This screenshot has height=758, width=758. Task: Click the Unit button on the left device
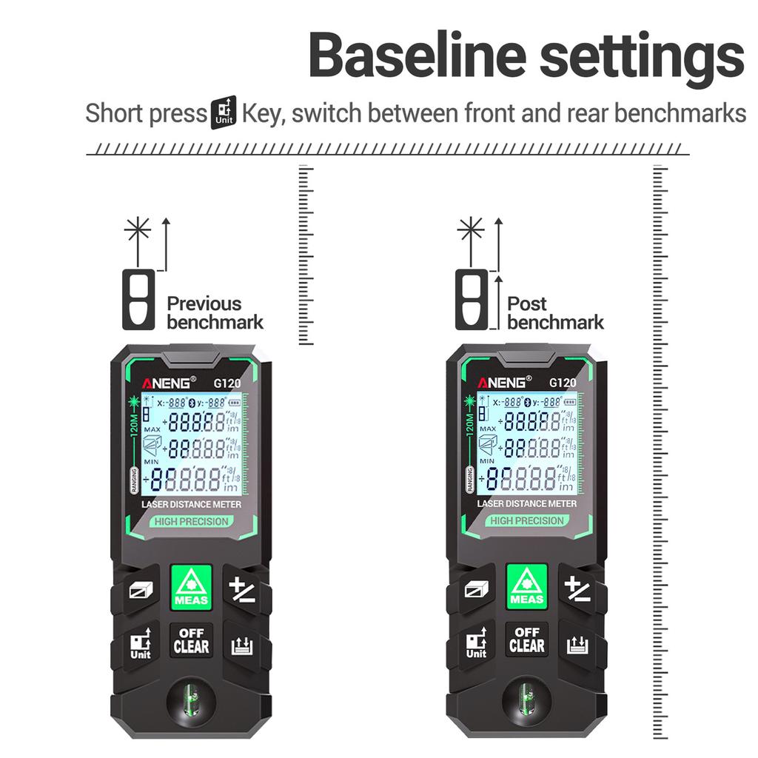(140, 643)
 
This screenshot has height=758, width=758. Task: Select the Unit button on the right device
(476, 643)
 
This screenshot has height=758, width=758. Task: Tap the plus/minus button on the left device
(242, 590)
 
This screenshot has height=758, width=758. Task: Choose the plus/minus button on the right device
(578, 589)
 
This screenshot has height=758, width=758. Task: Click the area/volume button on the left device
(140, 590)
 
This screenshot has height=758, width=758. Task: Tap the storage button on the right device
(577, 645)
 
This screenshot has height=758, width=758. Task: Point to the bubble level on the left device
(191, 700)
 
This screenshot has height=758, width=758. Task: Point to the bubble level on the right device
(526, 700)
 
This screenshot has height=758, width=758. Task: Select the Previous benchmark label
(215, 312)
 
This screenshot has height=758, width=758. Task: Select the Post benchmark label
(555, 312)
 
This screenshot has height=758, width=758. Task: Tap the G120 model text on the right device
(563, 383)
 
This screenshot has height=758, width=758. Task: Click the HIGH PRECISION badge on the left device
(191, 521)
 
